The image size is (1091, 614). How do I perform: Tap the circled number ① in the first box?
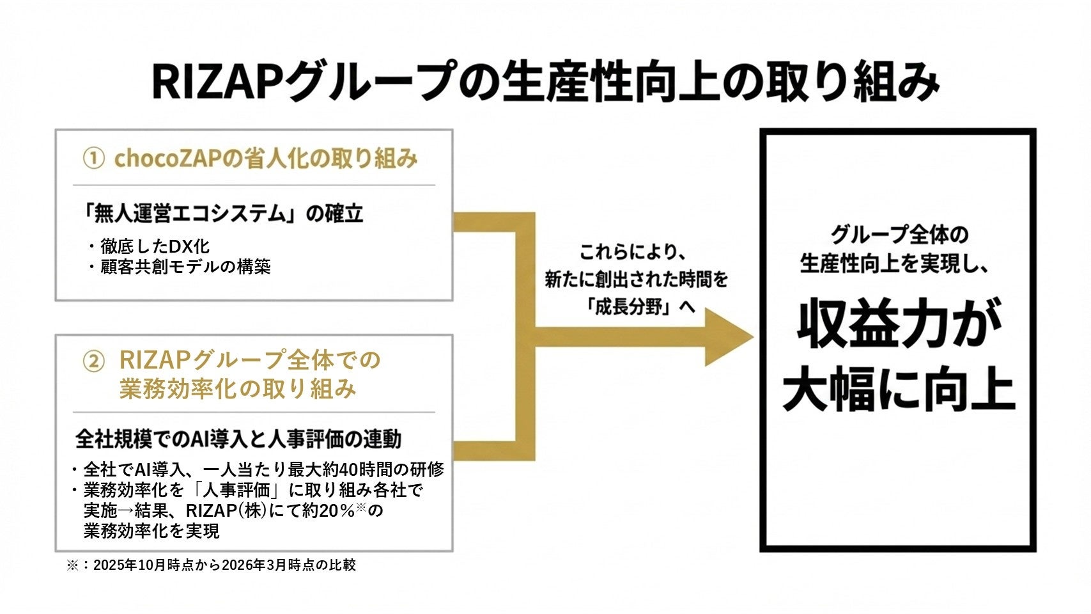pyautogui.click(x=93, y=159)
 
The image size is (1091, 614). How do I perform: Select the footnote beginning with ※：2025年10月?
pyautogui.click(x=211, y=565)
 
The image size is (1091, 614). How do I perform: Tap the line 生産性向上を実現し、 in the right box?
pyautogui.click(x=895, y=264)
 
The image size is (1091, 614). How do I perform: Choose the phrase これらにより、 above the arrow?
pyautogui.click(x=633, y=253)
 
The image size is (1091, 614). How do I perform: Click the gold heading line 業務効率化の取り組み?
pyautogui.click(x=237, y=389)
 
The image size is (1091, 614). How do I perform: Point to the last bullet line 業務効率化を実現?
pyautogui.click(x=151, y=531)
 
